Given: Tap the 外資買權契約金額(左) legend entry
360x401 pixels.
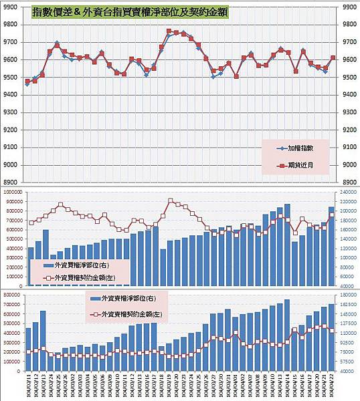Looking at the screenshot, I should coord(79,277).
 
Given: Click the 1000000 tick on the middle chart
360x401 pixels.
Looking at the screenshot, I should coord(11,192).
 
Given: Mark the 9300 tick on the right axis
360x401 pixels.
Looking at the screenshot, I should coord(349,112).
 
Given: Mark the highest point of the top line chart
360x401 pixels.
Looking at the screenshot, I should coord(169,31).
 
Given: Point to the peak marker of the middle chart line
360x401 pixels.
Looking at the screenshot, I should coord(170,200).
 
